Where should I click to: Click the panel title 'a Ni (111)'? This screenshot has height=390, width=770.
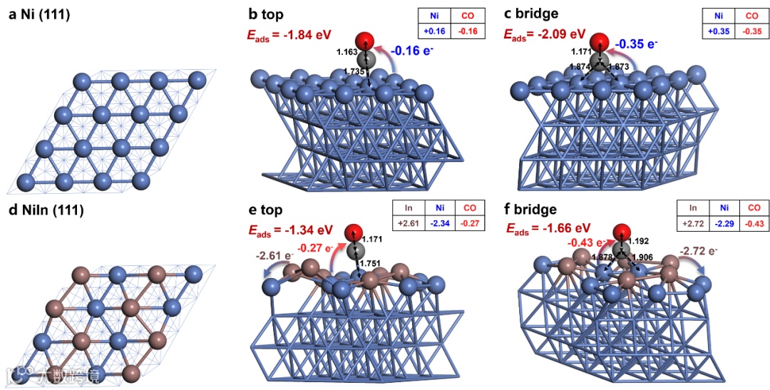tap(39, 13)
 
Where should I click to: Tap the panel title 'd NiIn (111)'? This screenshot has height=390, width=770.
tap(46, 210)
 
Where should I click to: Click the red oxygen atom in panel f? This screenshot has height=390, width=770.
tap(621, 231)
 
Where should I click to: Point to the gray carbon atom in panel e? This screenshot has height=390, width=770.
tap(354, 251)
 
